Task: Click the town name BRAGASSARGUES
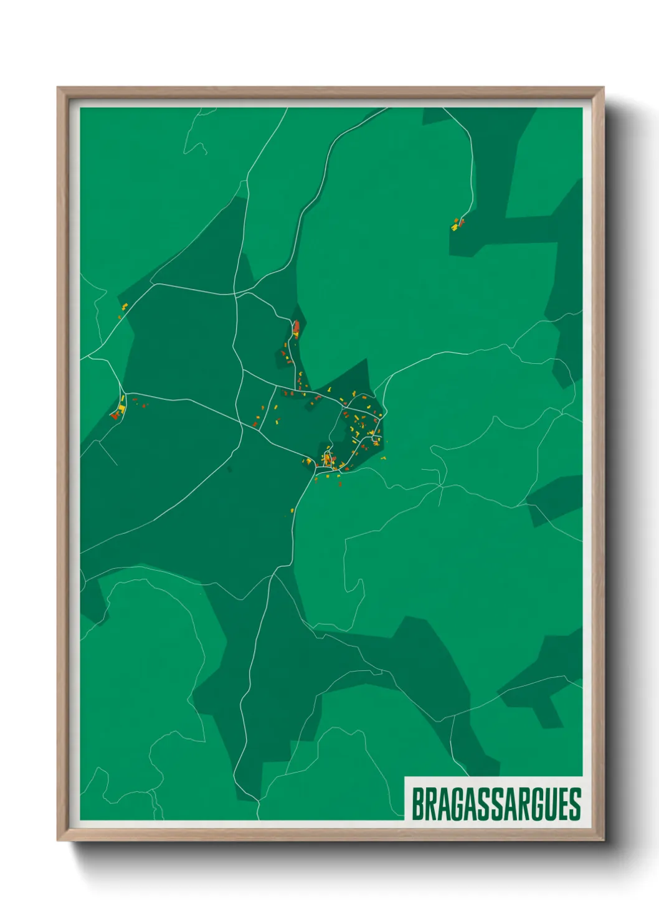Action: [496, 804]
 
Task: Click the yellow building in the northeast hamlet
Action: [455, 227]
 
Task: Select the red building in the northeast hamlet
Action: [462, 221]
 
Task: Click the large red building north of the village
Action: [296, 326]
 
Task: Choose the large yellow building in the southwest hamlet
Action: [121, 408]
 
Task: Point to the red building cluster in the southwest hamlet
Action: [114, 414]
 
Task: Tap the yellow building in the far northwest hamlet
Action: [124, 306]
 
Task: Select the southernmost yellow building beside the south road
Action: [292, 510]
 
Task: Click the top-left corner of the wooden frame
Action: [58, 88]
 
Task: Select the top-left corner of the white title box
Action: [405, 777]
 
